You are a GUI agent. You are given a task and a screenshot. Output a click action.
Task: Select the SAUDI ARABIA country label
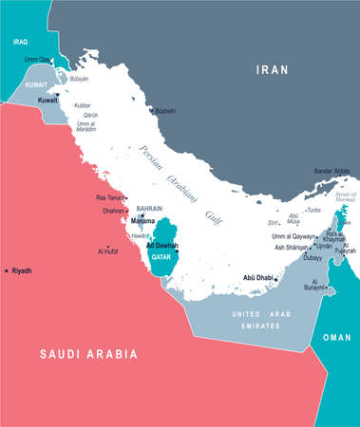tap(87, 353)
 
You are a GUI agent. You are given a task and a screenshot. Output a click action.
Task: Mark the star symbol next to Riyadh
tap(7, 271)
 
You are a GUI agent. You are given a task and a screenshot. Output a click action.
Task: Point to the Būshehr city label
tap(169, 111)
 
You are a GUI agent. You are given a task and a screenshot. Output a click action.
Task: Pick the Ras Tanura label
tap(110, 196)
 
